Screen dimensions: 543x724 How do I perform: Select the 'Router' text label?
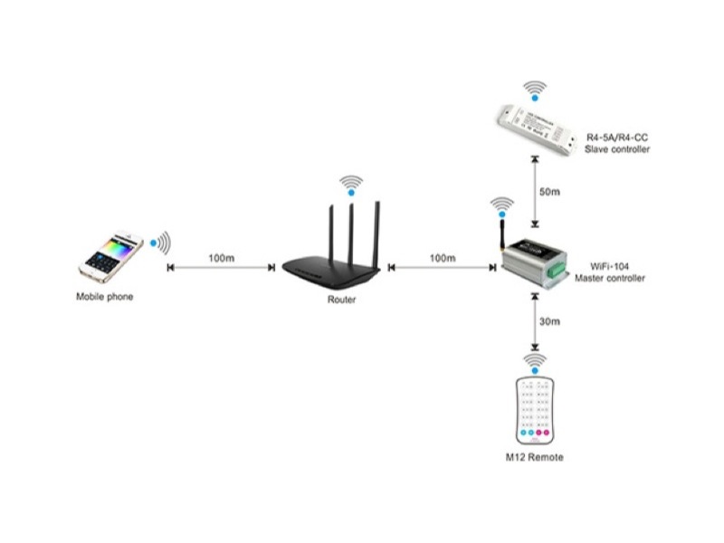(341, 299)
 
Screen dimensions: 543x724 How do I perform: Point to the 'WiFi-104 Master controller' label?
(611, 272)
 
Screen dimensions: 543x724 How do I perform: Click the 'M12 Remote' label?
(534, 457)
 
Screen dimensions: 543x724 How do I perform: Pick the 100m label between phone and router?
(222, 259)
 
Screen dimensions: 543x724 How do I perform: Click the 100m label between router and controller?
(443, 259)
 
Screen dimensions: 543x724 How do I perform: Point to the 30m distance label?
(548, 322)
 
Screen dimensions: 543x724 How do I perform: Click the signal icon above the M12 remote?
(537, 362)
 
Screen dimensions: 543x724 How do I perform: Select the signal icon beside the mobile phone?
(161, 243)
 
